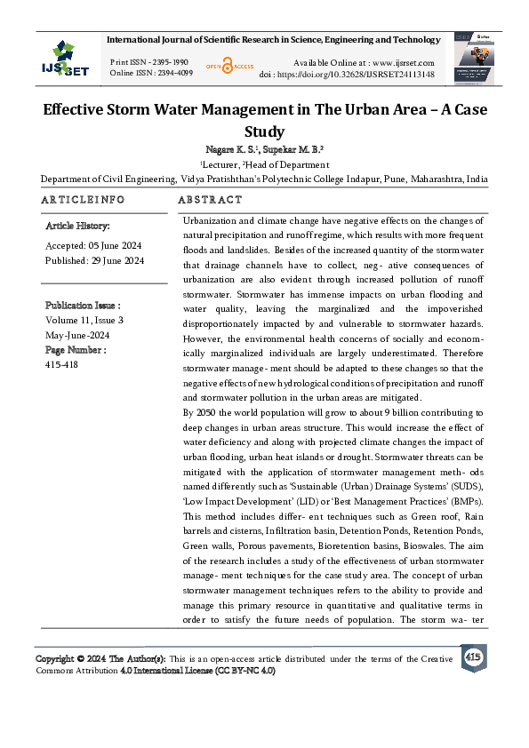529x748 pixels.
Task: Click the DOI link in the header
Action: [359, 75]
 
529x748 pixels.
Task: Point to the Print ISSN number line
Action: [148, 62]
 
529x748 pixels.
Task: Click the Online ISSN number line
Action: [150, 73]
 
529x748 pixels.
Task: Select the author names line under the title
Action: [264, 150]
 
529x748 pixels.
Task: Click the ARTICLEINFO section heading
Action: [81, 200]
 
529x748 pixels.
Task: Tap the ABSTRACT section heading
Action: [210, 200]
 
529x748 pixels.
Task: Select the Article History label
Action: [77, 227]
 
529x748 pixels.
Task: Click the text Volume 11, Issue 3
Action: [84, 320]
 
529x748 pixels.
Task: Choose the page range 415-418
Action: [61, 364]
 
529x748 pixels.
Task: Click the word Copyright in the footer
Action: [55, 658]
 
